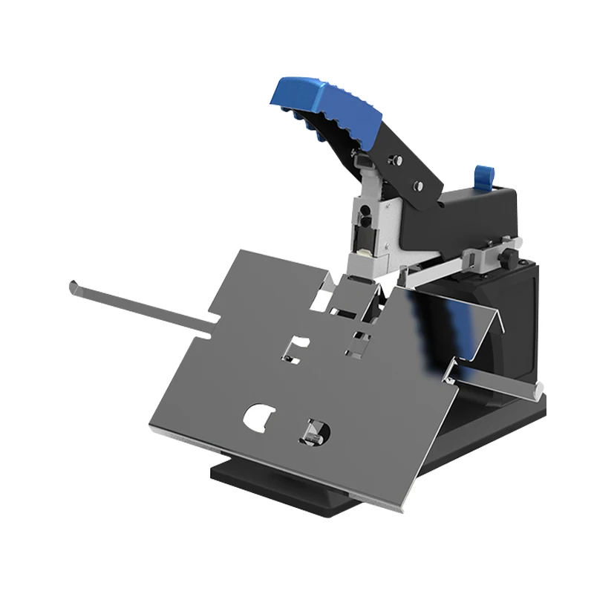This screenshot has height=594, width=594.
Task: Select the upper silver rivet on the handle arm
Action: click(397, 158)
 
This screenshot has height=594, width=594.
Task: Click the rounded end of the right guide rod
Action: click(538, 387)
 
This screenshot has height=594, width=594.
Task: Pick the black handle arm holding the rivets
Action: click(401, 174)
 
